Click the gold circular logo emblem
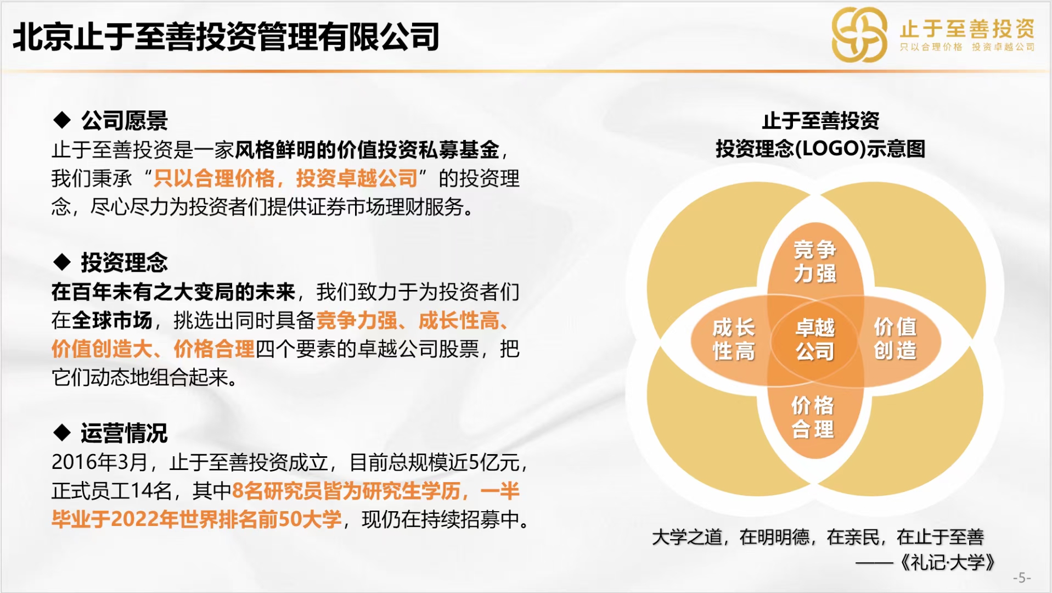pos(859,35)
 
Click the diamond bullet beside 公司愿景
pos(62,120)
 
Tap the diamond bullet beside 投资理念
pos(62,262)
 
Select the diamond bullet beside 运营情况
pos(62,433)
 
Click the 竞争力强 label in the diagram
pos(815,261)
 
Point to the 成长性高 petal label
pos(734,339)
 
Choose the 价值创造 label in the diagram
pos(895,339)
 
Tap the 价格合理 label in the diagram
pos(813,417)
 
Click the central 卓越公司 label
pos(815,339)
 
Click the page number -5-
pos(1022,578)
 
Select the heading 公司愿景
pos(125,120)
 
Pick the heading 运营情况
pos(125,433)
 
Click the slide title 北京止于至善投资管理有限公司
pos(226,37)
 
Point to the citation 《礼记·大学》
pos(947,562)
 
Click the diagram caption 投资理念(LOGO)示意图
pos(820,149)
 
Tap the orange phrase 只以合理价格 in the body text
pos(214,178)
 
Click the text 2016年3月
pos(99,462)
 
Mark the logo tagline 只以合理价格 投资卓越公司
pos(967,47)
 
